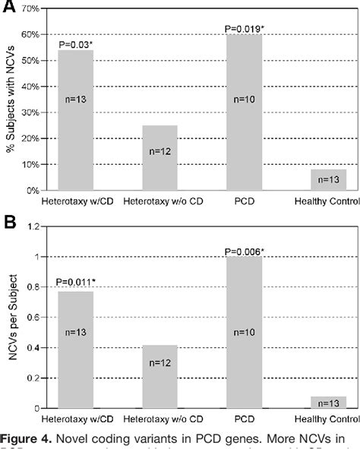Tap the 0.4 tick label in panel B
coord(33,348)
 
